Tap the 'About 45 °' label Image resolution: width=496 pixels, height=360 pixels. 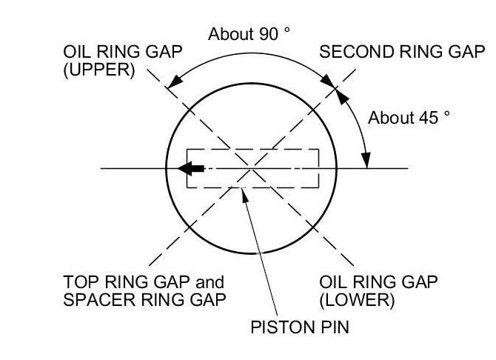tap(409, 118)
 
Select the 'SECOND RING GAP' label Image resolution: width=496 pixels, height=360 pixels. tap(402, 53)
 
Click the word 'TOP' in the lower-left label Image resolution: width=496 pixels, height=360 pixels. tap(80, 283)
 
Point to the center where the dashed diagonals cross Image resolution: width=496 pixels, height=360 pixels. tap(252, 169)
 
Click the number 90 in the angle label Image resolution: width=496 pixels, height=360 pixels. tap(264, 34)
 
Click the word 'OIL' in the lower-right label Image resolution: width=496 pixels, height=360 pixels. tap(332, 283)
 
